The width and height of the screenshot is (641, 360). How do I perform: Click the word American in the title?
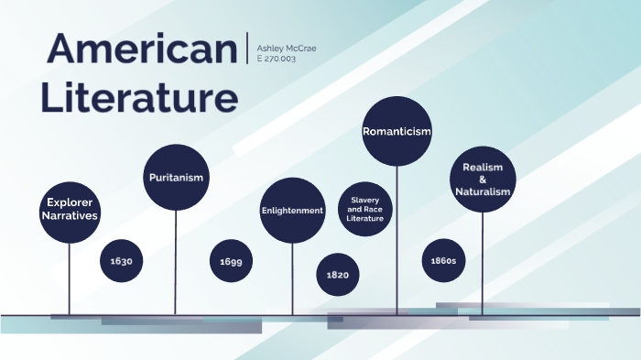141,49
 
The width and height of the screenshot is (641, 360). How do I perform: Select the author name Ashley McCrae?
287,48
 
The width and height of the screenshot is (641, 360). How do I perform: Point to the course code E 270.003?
277,59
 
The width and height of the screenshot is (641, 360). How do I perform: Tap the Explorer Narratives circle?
70,210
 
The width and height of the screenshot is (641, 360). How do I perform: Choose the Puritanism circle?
176,177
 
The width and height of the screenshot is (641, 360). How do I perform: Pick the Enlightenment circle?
293,211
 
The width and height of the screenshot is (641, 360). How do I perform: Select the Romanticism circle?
397,131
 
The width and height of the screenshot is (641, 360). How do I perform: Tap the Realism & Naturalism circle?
483,180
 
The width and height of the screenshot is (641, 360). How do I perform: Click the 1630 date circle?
122,261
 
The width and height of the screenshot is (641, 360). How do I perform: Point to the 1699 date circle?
232,262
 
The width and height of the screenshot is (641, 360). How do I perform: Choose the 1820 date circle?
337,274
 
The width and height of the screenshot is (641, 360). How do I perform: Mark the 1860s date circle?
443,261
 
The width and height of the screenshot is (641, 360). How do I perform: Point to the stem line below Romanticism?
397,238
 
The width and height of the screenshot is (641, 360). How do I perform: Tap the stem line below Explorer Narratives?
70,279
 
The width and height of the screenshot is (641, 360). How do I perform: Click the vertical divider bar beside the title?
247,48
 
